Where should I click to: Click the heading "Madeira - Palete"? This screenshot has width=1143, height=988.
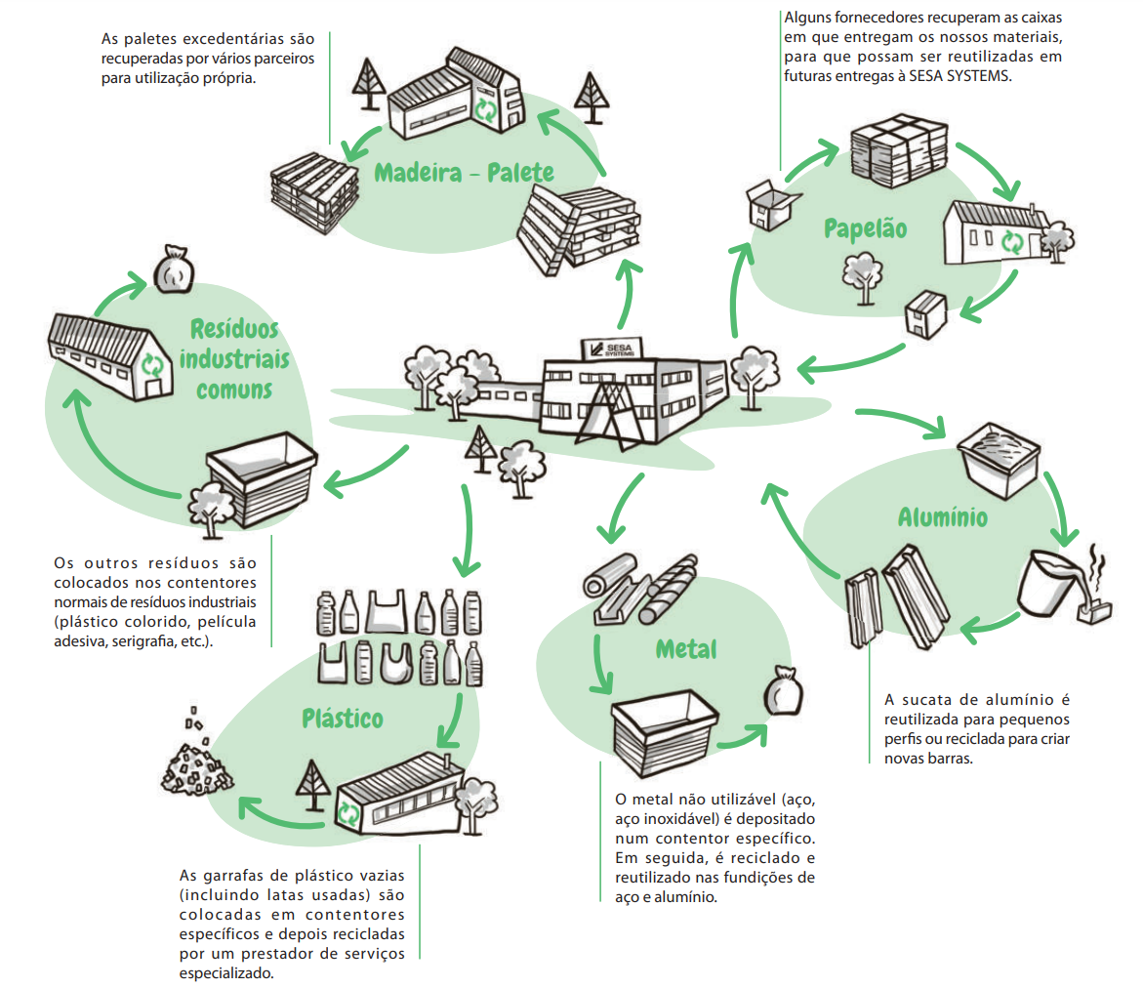coord(465,173)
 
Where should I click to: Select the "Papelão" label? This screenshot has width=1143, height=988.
coord(865,228)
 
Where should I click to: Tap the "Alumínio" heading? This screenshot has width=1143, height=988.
coord(942,516)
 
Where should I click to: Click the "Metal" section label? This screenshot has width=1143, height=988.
coord(686,648)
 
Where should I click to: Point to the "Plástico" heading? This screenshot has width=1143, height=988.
coord(342,719)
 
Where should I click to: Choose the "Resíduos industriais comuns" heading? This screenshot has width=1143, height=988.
coord(234,358)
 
